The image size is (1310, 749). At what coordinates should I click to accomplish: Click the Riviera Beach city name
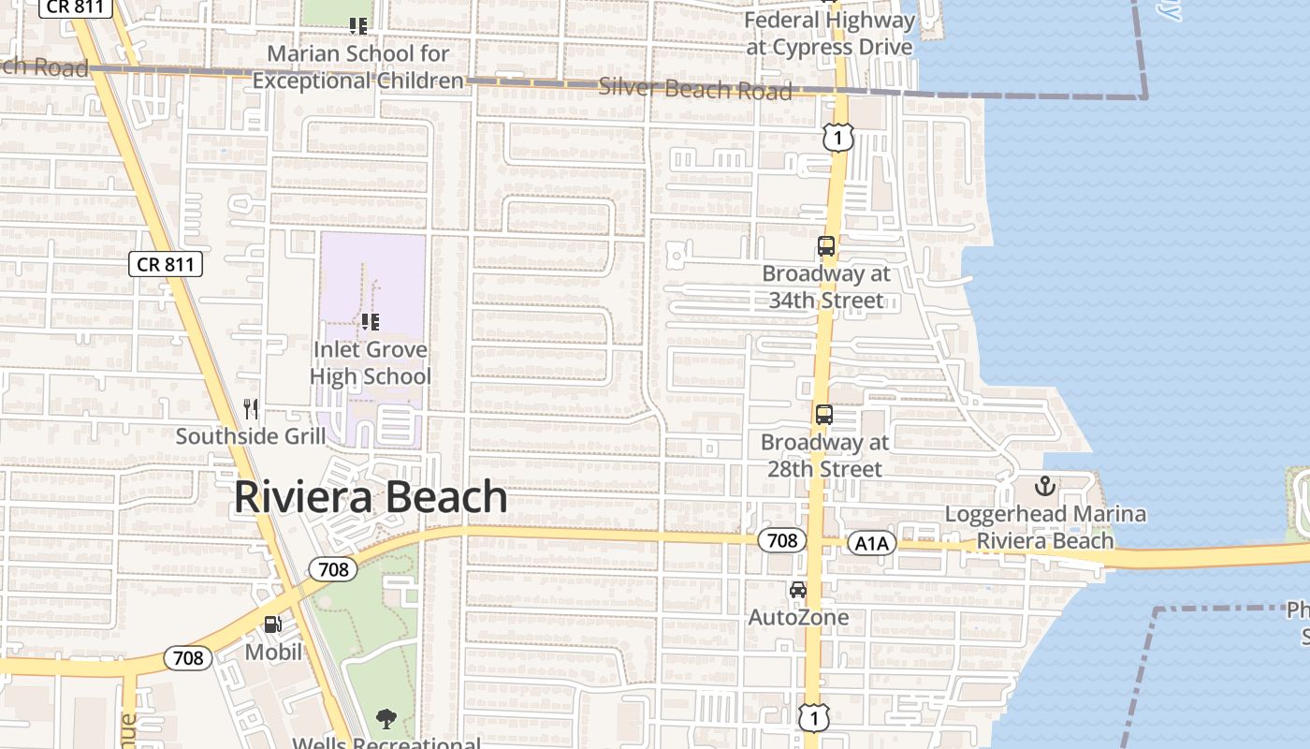pyautogui.click(x=371, y=497)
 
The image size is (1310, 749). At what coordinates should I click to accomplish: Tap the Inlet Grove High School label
pyautogui.click(x=371, y=363)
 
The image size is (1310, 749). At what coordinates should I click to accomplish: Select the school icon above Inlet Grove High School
pyautogui.click(x=371, y=322)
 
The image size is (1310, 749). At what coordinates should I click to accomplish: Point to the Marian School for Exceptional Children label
pyautogui.click(x=358, y=67)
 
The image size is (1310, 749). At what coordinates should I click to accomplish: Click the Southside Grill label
pyautogui.click(x=251, y=436)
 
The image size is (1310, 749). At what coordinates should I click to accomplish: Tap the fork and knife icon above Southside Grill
pyautogui.click(x=251, y=408)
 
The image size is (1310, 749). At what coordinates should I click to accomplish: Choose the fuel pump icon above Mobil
pyautogui.click(x=273, y=624)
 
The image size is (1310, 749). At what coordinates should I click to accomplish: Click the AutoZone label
pyautogui.click(x=798, y=617)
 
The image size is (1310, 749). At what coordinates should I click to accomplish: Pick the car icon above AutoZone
pyautogui.click(x=798, y=590)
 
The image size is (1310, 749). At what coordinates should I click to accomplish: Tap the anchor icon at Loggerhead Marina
pyautogui.click(x=1045, y=486)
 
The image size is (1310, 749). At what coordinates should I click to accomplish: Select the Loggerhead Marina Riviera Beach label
pyautogui.click(x=1045, y=527)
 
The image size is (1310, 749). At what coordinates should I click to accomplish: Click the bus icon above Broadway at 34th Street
pyautogui.click(x=826, y=246)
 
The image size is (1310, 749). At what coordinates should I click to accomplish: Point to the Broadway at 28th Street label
pyautogui.click(x=824, y=455)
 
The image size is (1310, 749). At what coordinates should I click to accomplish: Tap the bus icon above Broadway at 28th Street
pyautogui.click(x=824, y=415)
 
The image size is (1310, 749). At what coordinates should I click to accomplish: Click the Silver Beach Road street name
pyautogui.click(x=695, y=89)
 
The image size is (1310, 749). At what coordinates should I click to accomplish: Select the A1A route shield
pyautogui.click(x=872, y=543)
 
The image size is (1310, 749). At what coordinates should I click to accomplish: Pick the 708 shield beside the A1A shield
pyautogui.click(x=781, y=540)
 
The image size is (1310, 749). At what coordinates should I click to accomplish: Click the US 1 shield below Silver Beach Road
pyautogui.click(x=838, y=139)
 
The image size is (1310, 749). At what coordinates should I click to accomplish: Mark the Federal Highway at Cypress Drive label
pyautogui.click(x=830, y=34)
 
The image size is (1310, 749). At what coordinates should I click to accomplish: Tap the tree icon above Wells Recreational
pyautogui.click(x=386, y=719)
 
